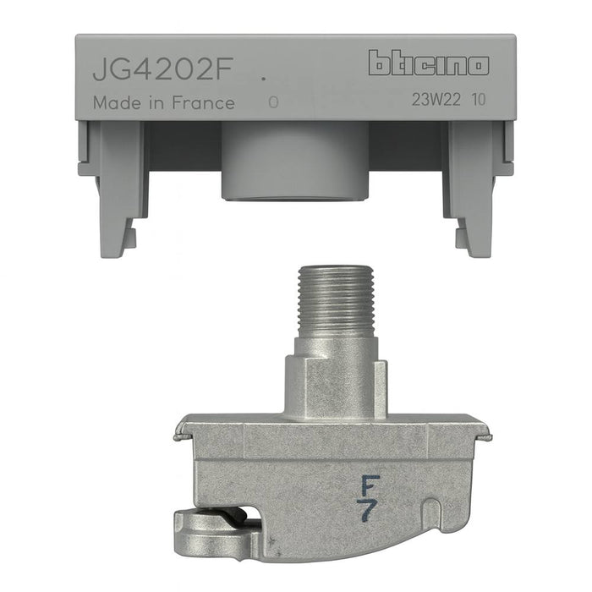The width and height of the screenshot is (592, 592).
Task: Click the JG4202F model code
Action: click(161, 69)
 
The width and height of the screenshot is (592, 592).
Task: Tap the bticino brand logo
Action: click(428, 63)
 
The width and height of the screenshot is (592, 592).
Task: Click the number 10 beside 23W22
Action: click(480, 100)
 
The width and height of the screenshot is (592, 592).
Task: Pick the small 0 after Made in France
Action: click(272, 103)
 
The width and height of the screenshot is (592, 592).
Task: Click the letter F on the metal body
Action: click(369, 485)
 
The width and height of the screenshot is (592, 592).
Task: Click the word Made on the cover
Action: click(112, 103)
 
